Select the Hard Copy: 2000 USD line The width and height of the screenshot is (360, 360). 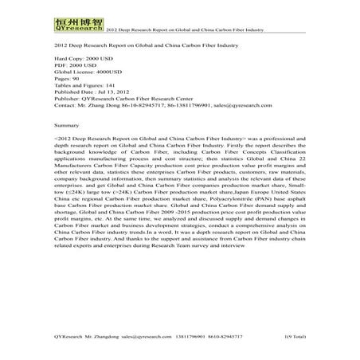[84, 60]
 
